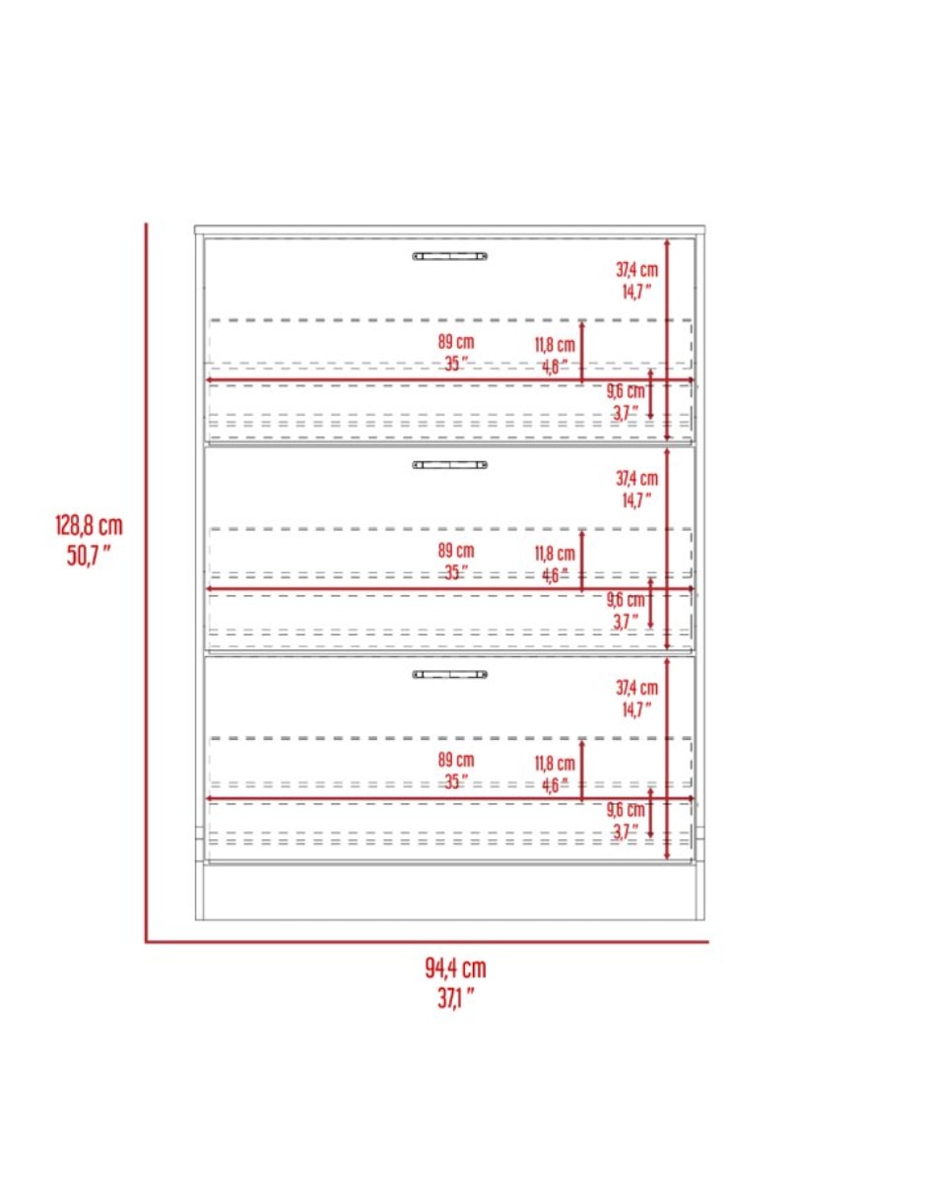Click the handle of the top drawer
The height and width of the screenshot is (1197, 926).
pos(450,256)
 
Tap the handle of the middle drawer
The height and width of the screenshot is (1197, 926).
pos(450,465)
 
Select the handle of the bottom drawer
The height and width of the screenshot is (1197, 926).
pos(450,674)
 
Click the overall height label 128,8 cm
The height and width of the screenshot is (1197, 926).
pos(89,526)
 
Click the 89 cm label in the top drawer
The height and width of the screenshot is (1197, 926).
pos(456,342)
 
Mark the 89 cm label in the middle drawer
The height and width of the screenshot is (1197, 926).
pos(456,551)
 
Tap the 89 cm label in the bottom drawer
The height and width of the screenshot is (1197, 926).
pos(456,761)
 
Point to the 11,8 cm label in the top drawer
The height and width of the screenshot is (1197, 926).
pos(555,346)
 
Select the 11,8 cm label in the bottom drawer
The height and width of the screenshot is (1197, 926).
pos(555,764)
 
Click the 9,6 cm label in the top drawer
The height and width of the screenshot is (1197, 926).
pos(626,392)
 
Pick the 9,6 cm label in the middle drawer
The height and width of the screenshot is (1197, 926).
pos(626,600)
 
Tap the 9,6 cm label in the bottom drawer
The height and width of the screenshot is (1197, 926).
pos(626,810)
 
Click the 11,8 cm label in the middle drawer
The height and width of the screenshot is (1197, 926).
pos(555,554)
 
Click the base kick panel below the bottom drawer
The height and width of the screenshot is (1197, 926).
pos(450,893)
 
